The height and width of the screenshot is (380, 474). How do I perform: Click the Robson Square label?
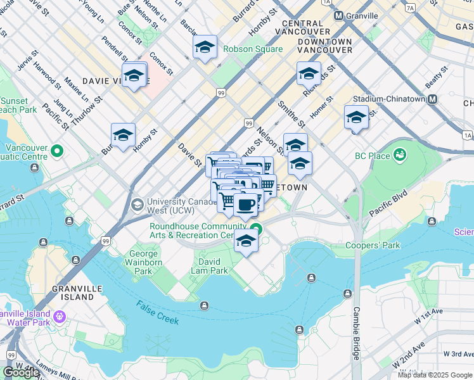pyautogui.click(x=252, y=49)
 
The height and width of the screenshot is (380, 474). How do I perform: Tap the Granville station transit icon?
pyautogui.click(x=339, y=15)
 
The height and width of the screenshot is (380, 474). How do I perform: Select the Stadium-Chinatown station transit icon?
pyautogui.click(x=433, y=99)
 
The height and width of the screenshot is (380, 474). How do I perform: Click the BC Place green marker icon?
pyautogui.click(x=400, y=155)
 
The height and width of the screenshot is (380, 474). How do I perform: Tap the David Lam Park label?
pyautogui.click(x=210, y=266)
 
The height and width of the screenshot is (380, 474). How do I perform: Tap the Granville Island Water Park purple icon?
pyautogui.click(x=60, y=315)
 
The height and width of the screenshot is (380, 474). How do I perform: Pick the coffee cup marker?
pyautogui.click(x=246, y=205)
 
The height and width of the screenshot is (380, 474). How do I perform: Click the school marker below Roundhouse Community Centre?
pyautogui.click(x=246, y=241)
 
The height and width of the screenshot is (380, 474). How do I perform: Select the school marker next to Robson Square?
pyautogui.click(x=205, y=47)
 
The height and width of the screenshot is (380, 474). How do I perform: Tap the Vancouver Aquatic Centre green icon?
pyautogui.click(x=57, y=151)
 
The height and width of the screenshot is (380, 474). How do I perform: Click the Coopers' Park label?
pyautogui.click(x=373, y=245)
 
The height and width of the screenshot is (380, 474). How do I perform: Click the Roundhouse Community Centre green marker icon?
pyautogui.click(x=255, y=230)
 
